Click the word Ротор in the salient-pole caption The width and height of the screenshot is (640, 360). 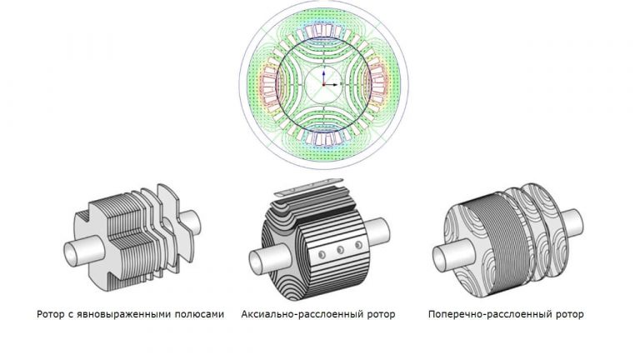tap(51, 314)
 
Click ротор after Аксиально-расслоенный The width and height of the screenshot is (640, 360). tap(381, 315)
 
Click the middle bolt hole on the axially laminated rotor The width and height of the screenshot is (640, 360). tap(340, 250)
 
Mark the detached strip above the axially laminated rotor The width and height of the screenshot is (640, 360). tap(310, 186)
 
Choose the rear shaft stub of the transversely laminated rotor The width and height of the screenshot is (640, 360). tap(572, 222)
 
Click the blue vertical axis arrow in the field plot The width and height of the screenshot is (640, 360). tap(323, 77)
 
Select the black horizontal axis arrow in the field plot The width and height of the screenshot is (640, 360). tap(331, 84)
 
